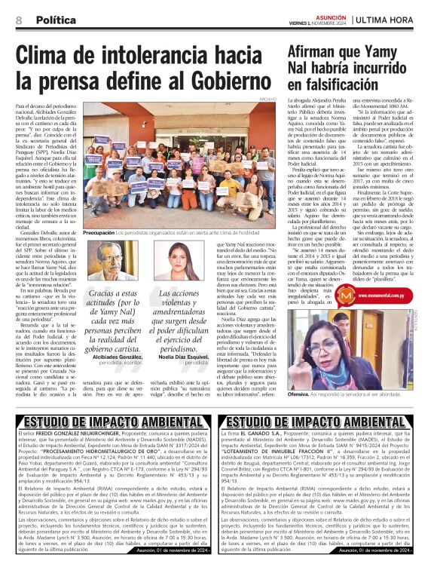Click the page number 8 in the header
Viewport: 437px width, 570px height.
point(17,20)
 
